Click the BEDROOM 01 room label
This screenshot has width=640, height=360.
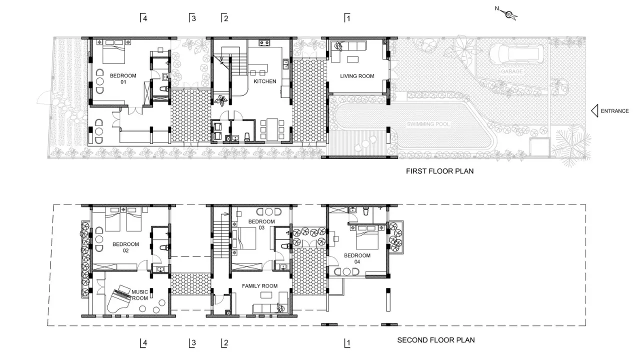tap(123, 79)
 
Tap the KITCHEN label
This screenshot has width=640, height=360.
tap(265, 81)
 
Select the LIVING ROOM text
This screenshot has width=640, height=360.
tap(357, 76)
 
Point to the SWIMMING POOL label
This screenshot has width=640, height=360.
tap(428, 124)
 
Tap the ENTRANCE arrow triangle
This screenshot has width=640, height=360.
tap(594, 111)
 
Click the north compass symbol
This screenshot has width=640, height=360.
tap(509, 14)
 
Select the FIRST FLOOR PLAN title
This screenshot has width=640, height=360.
tap(439, 171)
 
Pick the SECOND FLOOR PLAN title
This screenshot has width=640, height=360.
tap(436, 340)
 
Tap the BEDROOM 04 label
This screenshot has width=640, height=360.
tap(357, 258)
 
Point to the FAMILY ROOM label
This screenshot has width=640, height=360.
tap(259, 286)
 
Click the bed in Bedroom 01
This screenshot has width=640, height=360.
tap(113, 51)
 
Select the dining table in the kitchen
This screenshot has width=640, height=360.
tap(272, 129)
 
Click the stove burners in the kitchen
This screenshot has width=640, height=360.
tap(264, 43)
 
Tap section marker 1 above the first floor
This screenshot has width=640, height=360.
tap(347, 18)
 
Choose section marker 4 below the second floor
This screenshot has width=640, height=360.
tap(143, 343)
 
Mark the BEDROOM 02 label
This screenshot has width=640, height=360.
tap(125, 247)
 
